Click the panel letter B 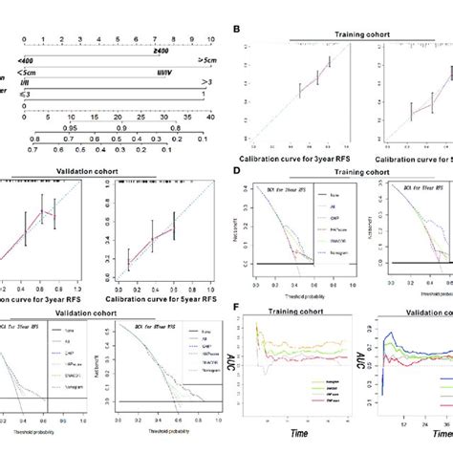pos(236,31)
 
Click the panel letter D pos(236,172)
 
